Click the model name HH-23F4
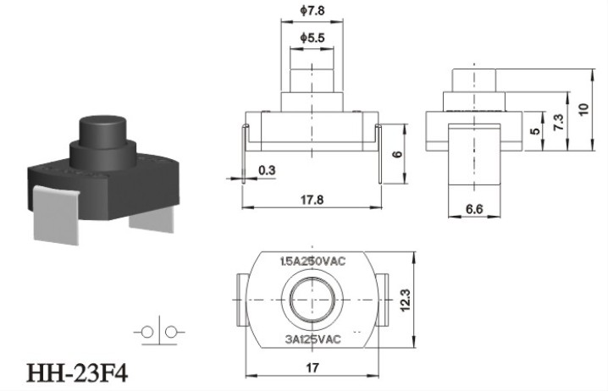[77, 374]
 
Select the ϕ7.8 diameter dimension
[312, 10]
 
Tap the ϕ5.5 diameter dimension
[312, 37]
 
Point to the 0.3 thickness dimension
[267, 170]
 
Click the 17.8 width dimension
[312, 200]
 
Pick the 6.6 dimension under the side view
[474, 209]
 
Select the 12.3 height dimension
[406, 300]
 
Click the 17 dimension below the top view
[312, 367]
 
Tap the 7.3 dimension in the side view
[559, 122]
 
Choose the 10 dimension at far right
[583, 108]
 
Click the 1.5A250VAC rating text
[312, 262]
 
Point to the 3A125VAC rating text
[312, 339]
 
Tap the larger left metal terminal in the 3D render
[57, 214]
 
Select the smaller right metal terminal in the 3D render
[152, 219]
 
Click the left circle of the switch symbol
[147, 332]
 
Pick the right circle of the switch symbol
[170, 332]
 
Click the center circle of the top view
[312, 300]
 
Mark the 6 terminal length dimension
[397, 154]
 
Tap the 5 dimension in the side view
[535, 131]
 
